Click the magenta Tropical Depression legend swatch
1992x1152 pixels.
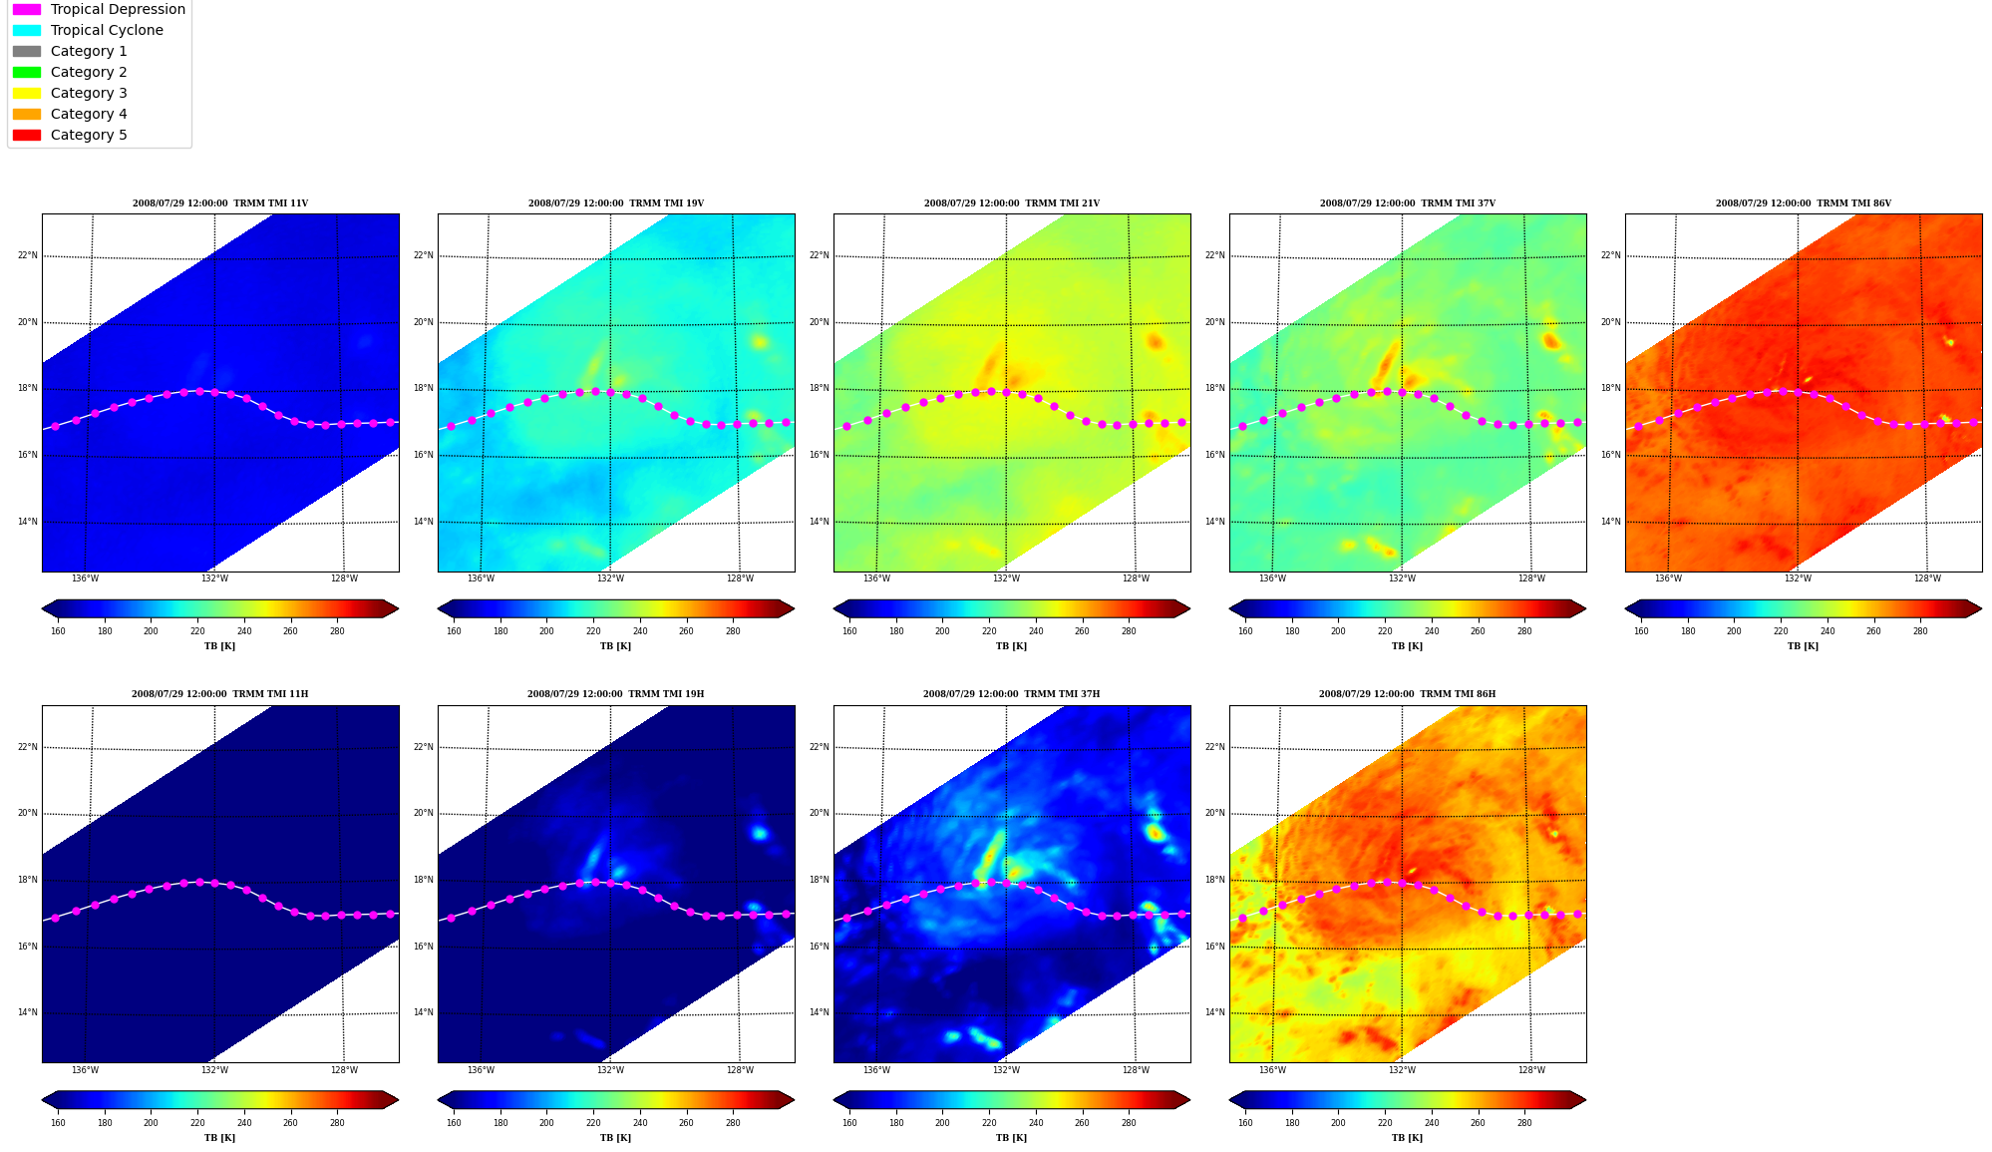(x=27, y=9)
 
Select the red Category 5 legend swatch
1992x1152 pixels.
(x=27, y=135)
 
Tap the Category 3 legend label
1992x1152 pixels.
(x=89, y=93)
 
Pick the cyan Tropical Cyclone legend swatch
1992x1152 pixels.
(x=27, y=30)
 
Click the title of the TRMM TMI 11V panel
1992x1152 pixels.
(x=220, y=203)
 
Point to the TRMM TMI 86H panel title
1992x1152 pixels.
(x=1407, y=694)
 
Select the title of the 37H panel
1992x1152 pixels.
(x=1011, y=694)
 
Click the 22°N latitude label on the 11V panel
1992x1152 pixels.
(x=28, y=255)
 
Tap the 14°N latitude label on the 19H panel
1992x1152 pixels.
(x=424, y=1012)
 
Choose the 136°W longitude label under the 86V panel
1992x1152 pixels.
(x=1668, y=578)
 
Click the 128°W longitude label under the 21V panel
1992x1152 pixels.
(x=1136, y=578)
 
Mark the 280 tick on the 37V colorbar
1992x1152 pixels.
(x=1524, y=630)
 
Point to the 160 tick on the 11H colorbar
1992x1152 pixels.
(x=58, y=1123)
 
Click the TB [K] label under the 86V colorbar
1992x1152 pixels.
(x=1803, y=646)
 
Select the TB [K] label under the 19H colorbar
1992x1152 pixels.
(x=615, y=1138)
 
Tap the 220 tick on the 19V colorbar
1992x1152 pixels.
(x=593, y=630)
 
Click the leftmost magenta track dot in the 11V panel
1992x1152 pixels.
(x=55, y=426)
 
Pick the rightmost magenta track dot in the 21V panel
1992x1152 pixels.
(x=1181, y=422)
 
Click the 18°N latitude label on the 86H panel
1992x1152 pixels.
(x=1215, y=880)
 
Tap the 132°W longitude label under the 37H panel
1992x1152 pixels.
(x=1006, y=1070)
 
